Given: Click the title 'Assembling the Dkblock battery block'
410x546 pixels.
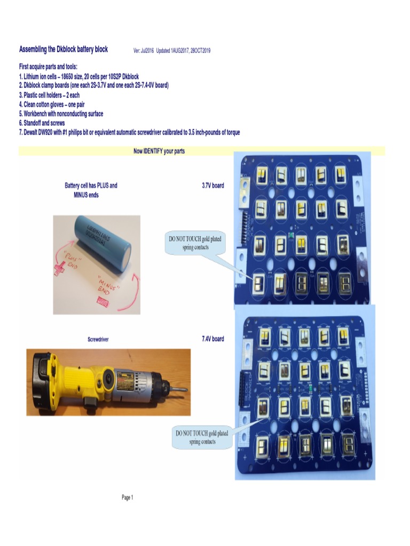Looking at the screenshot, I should coord(64,50).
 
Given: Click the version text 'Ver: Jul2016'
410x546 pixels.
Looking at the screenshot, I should coord(144,51).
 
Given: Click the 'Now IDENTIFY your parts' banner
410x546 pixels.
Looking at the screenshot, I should coord(159,151).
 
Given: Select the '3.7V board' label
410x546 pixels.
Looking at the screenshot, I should coord(212,186).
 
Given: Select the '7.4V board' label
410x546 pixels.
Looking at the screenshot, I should coord(212,339).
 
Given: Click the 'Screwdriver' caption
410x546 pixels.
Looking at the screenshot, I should coord(98,339).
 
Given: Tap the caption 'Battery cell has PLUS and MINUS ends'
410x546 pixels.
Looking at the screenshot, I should coord(91,190).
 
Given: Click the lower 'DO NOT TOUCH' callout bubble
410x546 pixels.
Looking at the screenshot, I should coord(202,438).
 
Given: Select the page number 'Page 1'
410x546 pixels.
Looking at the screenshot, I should coord(127,497).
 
